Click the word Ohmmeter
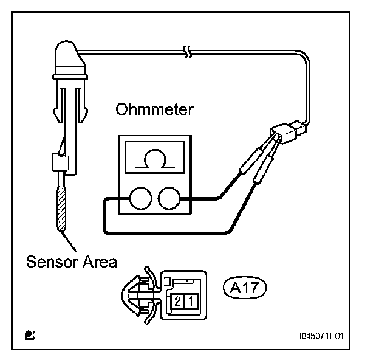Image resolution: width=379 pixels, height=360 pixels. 154,109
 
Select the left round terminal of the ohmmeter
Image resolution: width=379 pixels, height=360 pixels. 141,198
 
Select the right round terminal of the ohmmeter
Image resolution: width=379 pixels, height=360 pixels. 169,198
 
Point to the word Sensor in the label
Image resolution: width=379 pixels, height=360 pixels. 52,261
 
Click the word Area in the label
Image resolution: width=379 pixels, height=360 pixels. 100,261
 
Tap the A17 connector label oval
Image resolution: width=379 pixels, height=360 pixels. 244,288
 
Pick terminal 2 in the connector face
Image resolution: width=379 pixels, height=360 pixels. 177,302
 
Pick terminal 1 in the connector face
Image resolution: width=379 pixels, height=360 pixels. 191,302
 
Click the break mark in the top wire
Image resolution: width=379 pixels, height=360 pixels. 188,52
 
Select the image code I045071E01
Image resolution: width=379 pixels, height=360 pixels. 321,336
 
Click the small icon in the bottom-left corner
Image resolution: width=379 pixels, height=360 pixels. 30,335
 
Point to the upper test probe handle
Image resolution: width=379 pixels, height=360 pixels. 251,160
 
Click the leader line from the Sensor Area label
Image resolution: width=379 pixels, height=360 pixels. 69,241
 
